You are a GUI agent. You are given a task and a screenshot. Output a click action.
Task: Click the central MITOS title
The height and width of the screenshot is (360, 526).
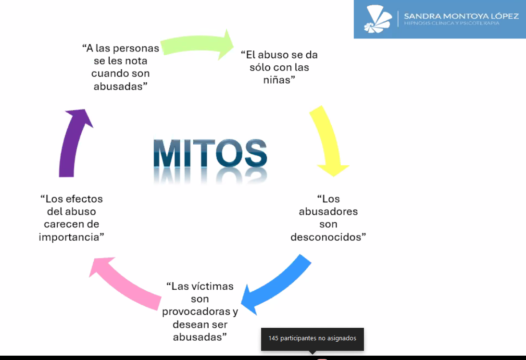[210, 153]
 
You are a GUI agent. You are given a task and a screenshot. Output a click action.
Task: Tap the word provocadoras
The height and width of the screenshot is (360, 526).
[196, 312]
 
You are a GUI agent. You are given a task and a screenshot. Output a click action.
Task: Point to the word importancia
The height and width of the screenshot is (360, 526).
[69, 237]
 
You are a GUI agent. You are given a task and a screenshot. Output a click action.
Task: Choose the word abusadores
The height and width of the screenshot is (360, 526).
[328, 211]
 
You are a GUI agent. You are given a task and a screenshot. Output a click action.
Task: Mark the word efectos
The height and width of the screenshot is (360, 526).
[84, 199]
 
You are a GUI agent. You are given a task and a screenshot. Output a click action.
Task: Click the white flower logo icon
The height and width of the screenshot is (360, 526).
[378, 19]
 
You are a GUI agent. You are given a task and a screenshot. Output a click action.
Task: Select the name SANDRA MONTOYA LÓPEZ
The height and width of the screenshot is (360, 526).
[461, 16]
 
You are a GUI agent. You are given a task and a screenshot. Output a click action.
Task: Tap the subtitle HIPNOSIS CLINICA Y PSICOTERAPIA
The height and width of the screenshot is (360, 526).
[451, 23]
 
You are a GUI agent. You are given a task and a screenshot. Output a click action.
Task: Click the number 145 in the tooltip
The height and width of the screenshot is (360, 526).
[273, 338]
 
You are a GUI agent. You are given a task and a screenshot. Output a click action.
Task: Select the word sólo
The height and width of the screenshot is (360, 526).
[260, 67]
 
